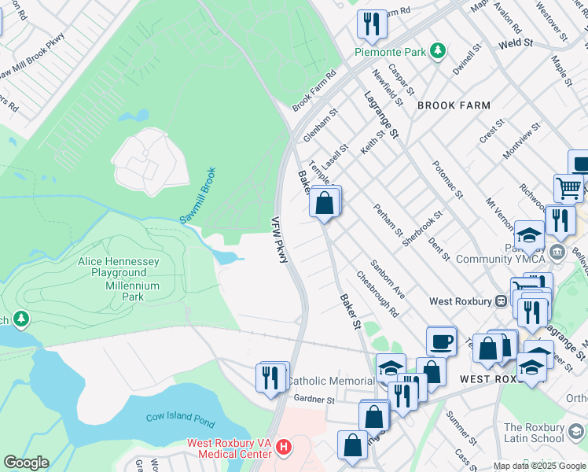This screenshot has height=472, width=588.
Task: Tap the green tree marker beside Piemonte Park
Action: coord(439,52)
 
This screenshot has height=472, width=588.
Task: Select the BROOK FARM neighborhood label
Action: coord(454,105)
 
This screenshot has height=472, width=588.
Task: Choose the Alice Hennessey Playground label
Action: coord(119,267)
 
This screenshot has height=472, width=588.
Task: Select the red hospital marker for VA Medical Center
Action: coord(284,448)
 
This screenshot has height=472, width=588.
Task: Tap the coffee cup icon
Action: coord(441,342)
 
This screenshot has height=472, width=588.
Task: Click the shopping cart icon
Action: coord(568,188)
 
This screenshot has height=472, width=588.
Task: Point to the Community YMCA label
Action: coord(495,259)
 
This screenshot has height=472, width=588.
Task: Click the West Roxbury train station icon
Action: coord(501,301)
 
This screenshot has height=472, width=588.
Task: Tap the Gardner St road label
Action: coord(314,400)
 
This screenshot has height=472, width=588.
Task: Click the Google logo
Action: coord(26,463)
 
